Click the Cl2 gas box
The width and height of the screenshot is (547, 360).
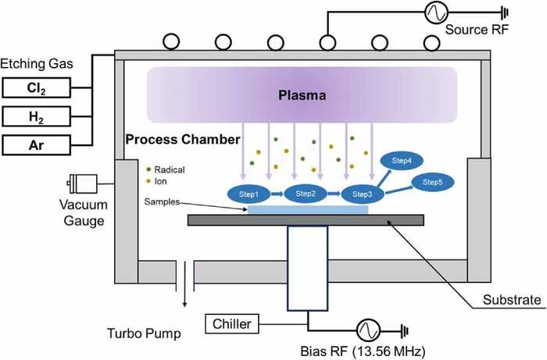point(37,87)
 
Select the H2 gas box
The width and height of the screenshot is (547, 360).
point(37,116)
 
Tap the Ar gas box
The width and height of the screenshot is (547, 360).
point(37,145)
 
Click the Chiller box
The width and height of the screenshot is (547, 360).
point(232,324)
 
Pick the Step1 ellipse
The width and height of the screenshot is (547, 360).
point(248,194)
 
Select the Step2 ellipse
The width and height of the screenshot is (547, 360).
point(306,194)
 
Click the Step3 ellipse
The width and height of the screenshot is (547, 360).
point(362,194)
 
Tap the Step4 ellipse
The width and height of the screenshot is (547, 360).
point(402,161)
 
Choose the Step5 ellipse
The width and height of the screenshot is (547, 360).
point(433,182)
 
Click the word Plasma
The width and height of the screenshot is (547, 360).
point(302,95)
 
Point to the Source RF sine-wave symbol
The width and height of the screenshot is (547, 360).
point(437,12)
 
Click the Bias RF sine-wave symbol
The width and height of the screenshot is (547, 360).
point(368,330)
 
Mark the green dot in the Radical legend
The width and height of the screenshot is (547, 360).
point(148,169)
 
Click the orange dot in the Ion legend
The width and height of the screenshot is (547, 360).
point(148,181)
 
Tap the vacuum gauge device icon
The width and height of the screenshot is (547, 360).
point(82,184)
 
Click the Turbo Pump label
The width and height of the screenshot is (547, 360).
point(144,333)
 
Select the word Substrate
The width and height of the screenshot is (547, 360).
point(512,300)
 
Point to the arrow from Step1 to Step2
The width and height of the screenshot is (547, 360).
point(277,194)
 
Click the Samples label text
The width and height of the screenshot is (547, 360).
point(162,201)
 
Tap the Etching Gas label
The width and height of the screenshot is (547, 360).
point(37,64)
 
